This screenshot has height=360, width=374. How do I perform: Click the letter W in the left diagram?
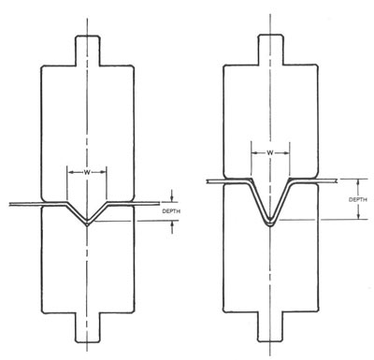tap(87, 172)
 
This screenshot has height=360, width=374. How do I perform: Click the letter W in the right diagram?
tap(270, 152)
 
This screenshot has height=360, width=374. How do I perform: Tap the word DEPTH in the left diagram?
tap(171, 211)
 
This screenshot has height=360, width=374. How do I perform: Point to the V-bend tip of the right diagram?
tap(270, 223)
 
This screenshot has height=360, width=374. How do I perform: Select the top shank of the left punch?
tap(87, 51)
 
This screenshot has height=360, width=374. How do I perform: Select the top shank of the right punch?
tap(270, 50)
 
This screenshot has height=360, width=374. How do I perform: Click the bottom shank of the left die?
tap(88, 327)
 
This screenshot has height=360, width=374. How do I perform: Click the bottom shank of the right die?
tap(270, 326)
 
